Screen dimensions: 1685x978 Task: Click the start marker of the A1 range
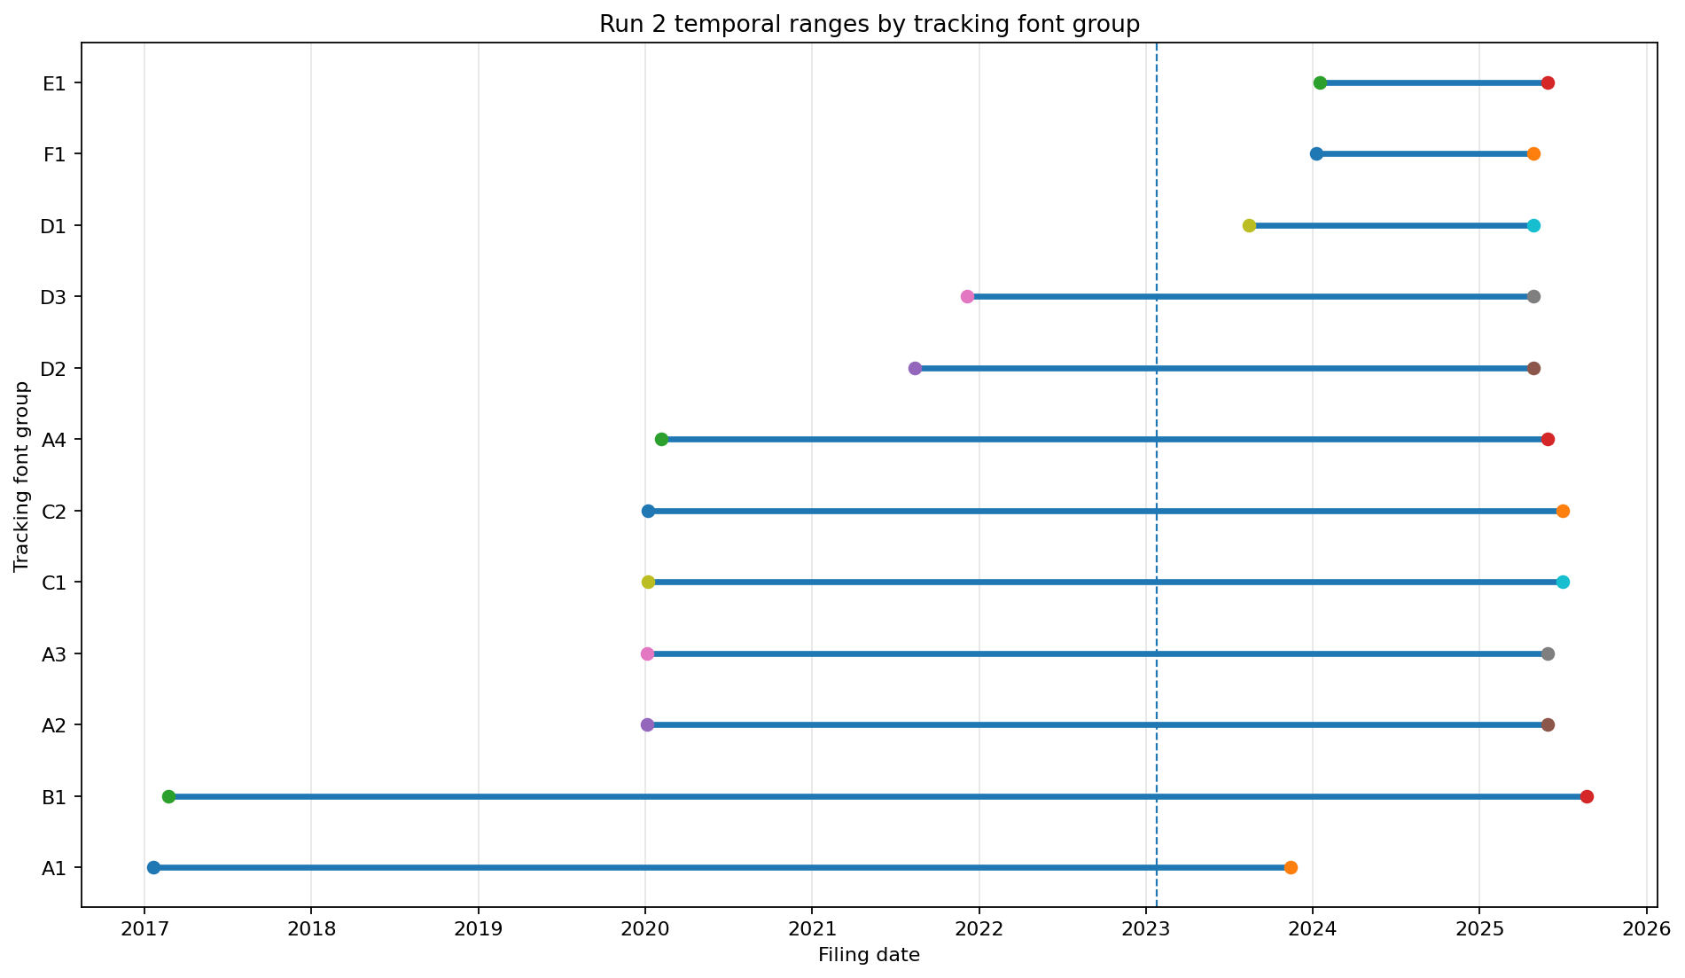pos(153,867)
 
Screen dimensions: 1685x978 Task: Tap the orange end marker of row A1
pos(1291,867)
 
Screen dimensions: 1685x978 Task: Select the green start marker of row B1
pos(168,796)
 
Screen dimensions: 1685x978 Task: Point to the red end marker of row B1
pos(1587,796)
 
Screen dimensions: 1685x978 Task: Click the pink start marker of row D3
pos(967,296)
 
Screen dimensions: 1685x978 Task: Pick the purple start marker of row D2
pos(915,368)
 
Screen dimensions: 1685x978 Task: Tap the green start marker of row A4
pos(661,439)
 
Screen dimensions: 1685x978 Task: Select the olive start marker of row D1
pos(1249,225)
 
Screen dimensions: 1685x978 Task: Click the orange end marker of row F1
pos(1533,153)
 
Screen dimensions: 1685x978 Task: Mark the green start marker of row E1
pos(1320,82)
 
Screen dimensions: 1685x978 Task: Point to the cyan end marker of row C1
pos(1563,582)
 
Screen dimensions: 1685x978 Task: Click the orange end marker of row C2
pos(1563,511)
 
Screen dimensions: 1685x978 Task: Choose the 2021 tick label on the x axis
pos(812,929)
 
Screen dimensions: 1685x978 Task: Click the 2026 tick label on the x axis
pos(1646,929)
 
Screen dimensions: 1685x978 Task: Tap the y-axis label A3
pos(54,654)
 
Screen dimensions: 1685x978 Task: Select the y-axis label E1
pos(54,83)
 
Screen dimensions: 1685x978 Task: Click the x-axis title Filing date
pos(869,955)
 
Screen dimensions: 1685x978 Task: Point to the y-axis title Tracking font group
pos(21,476)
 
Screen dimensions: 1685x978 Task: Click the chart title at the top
pos(870,24)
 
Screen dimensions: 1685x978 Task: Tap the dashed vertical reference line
pos(1157,474)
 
